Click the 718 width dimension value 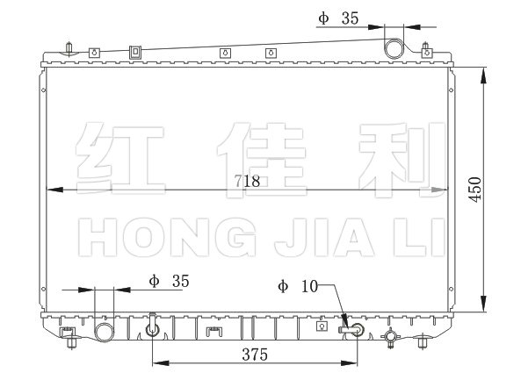(x=247, y=181)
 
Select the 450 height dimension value (x=475, y=190)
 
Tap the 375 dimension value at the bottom (x=255, y=355)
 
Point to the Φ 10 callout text (x=298, y=286)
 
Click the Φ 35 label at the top (x=338, y=18)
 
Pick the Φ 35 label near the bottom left (x=169, y=281)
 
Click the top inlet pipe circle (x=394, y=48)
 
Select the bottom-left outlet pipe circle (x=105, y=332)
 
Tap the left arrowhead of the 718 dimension (x=54, y=190)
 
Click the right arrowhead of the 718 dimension (x=439, y=190)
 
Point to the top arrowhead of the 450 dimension (x=484, y=75)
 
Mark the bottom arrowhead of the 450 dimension (x=484, y=304)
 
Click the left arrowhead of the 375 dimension (x=161, y=363)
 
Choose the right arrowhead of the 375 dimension (x=349, y=363)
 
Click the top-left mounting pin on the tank (x=69, y=49)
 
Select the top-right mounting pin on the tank (x=425, y=49)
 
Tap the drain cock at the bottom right (x=390, y=337)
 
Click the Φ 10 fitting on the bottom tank (x=351, y=330)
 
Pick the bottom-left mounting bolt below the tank (x=71, y=342)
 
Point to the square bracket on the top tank (x=135, y=52)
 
